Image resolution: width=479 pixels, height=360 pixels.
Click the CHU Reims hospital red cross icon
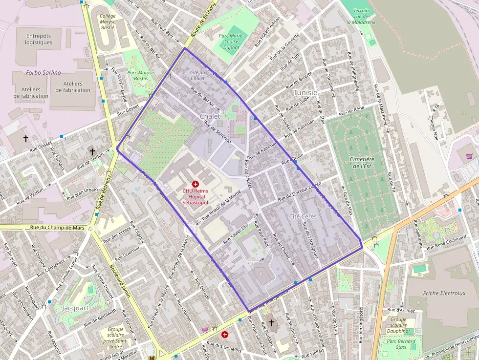pos(196,184)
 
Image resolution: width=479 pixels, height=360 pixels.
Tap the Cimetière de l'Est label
pos(362,163)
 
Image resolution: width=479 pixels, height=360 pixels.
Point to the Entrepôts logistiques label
pos(39,39)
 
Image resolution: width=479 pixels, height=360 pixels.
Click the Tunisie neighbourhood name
pos(305,92)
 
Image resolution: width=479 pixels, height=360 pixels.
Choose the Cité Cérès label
pos(303,216)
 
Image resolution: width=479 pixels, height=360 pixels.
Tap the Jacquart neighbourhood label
pos(75,308)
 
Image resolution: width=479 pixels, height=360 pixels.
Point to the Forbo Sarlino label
pos(44,73)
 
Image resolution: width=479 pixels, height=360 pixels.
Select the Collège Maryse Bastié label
pos(108,21)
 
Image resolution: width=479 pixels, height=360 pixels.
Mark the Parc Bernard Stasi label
pos(401,344)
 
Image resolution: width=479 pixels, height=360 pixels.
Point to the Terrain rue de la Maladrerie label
pos(361,16)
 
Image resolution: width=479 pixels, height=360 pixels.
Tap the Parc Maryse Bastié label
pos(141,75)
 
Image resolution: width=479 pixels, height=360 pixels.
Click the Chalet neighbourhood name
pos(210,116)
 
